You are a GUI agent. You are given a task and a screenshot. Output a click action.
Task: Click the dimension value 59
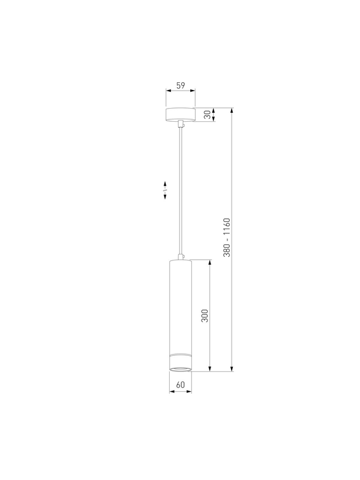181,85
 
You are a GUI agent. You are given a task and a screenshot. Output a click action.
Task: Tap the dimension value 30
208,115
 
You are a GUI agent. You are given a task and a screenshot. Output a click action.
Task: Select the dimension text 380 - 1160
227,238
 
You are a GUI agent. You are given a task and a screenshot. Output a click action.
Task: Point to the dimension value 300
205,316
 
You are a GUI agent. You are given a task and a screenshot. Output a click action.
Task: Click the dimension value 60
181,385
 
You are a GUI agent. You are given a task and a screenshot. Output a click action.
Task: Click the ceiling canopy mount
181,115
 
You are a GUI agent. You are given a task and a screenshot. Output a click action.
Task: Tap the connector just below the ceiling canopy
181,125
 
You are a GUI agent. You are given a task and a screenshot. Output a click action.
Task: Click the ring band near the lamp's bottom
181,355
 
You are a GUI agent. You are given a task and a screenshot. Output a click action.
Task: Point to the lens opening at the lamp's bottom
181,368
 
